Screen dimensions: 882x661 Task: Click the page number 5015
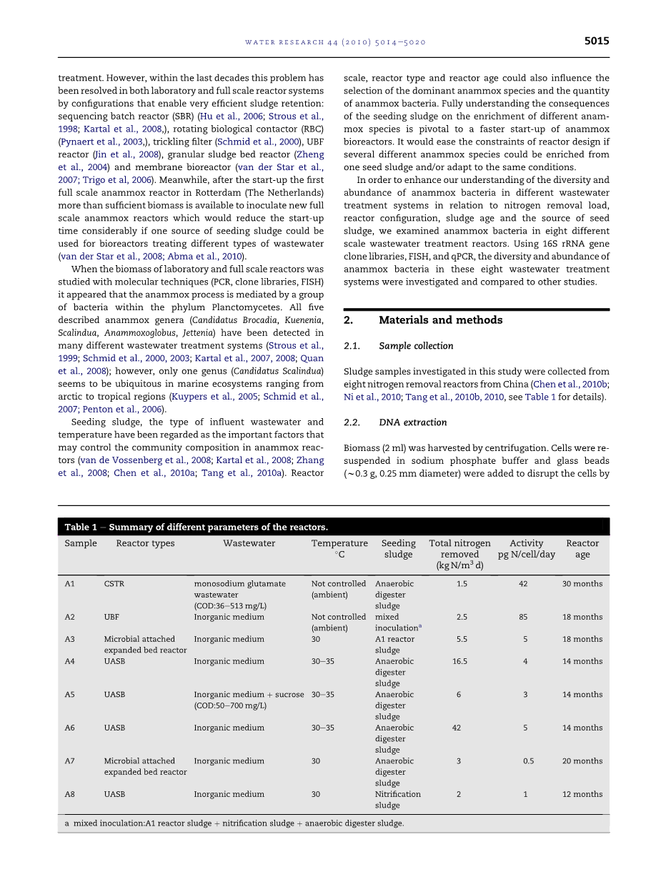pos(597,41)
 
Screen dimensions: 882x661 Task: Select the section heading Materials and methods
pos(440,320)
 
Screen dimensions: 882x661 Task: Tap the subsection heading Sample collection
pos(416,346)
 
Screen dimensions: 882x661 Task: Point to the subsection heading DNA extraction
pos(412,422)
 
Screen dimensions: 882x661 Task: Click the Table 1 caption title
pos(196,527)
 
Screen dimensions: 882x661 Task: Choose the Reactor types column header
pos(145,543)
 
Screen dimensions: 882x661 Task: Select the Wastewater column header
pos(249,543)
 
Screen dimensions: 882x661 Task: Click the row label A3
pos(69,640)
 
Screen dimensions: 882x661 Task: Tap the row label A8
pos(69,795)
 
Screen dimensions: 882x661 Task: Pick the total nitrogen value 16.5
pos(459,662)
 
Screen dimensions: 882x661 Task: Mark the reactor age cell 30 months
pos(582,584)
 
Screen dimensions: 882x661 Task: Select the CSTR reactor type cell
pos(114,584)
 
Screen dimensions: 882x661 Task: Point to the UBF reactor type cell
pos(111,618)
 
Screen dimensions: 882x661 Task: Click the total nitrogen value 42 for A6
pos(457,728)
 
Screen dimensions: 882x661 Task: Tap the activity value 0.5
pos(528,762)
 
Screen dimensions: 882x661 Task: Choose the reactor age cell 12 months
pos(582,795)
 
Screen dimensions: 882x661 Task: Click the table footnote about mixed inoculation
pos(234,823)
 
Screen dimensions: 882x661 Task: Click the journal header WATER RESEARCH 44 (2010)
pos(335,42)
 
